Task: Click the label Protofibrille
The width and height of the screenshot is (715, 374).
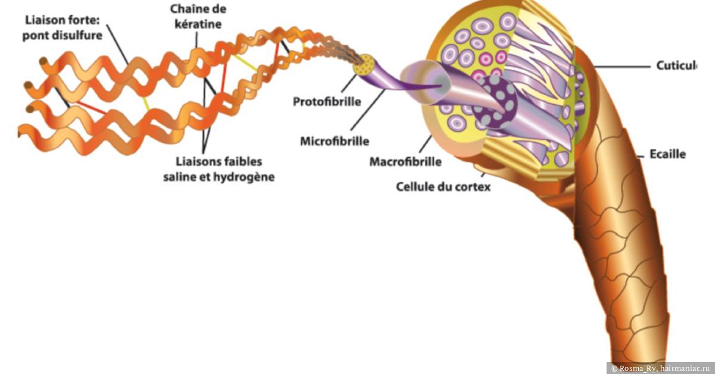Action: click(327, 102)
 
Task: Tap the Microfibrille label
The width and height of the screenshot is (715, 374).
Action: click(334, 141)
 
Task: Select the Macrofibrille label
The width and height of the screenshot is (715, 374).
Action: click(405, 162)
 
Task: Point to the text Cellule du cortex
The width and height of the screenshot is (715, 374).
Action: click(443, 186)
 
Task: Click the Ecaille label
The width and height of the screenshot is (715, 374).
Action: click(668, 154)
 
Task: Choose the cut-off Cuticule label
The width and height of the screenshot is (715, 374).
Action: click(676, 66)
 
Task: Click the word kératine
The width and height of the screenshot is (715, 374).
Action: click(198, 24)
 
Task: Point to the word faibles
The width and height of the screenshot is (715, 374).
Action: click(243, 161)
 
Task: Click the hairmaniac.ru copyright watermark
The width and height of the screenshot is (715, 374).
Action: click(660, 368)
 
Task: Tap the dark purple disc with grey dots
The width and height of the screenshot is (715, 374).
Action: click(494, 101)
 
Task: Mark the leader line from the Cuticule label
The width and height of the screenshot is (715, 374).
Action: click(622, 67)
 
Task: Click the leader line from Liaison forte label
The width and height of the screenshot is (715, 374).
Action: click(117, 44)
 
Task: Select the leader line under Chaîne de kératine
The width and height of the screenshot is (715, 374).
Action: click(196, 40)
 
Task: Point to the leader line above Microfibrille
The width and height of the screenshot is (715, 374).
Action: click(368, 110)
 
